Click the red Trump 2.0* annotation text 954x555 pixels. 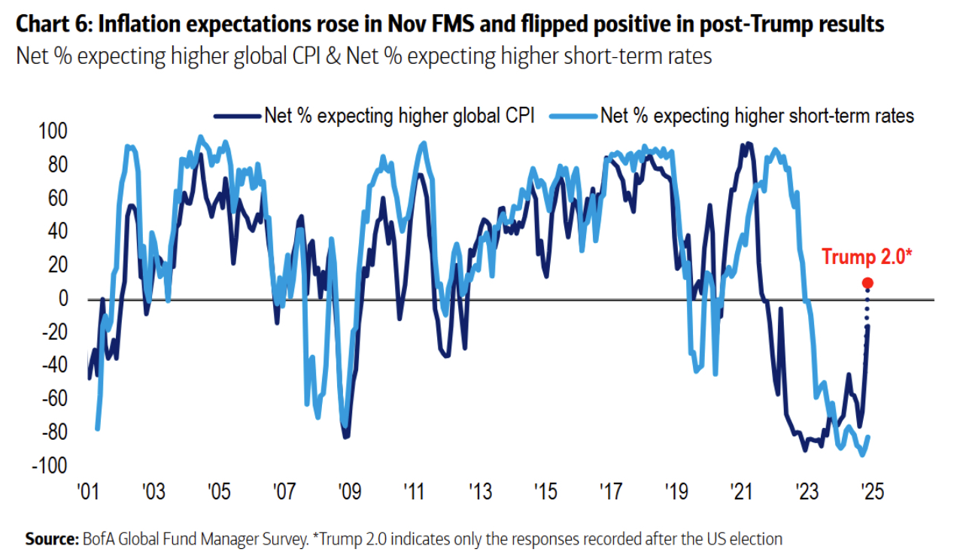(867, 256)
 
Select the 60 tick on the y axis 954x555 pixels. (56, 199)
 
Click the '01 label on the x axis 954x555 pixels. (89, 494)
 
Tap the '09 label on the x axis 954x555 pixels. (349, 494)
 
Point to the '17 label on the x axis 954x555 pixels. (610, 494)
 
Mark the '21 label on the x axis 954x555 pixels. (741, 494)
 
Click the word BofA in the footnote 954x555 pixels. (100, 538)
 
